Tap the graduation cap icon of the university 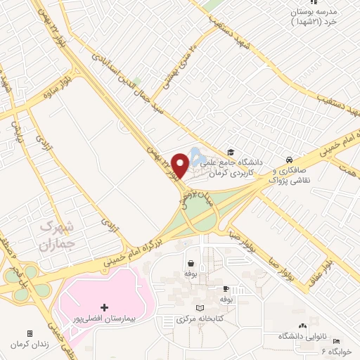coord(230,153)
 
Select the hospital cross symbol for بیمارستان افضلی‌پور coord(105,307)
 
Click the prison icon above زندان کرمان coord(30,333)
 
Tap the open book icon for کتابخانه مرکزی coord(200,309)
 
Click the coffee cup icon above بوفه coord(226,289)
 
